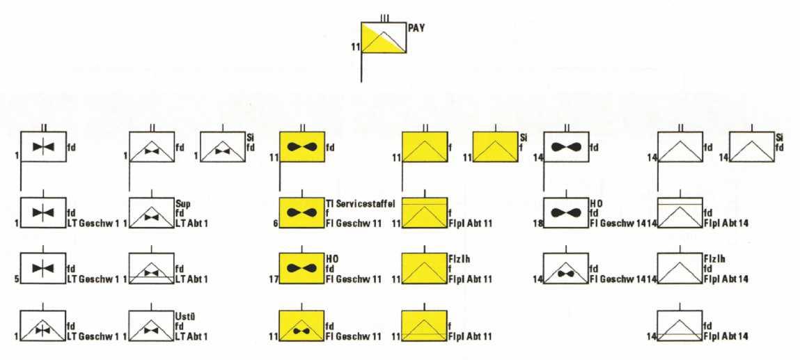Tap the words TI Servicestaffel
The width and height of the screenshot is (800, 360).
(x=360, y=203)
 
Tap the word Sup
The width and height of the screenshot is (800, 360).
(x=182, y=204)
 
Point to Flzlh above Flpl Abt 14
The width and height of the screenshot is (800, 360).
(x=714, y=257)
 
